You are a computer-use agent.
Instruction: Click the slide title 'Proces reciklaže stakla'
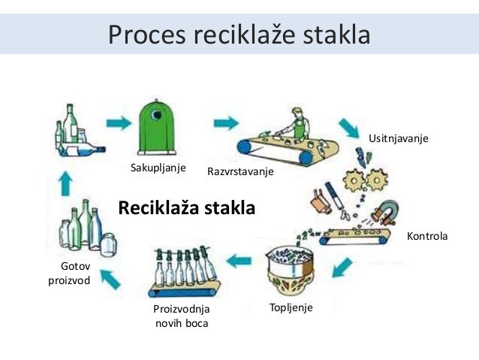pos(239,35)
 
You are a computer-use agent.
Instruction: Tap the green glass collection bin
pos(156,129)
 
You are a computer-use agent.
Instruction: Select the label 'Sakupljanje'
pos(158,167)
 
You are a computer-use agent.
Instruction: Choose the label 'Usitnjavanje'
pos(398,139)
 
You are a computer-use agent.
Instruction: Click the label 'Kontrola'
pos(426,236)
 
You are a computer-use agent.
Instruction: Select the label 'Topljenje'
pos(290,307)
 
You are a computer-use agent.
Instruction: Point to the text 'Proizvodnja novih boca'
pos(181,316)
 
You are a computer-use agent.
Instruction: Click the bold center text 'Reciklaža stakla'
pos(187,207)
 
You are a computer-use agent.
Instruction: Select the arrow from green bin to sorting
pos(224,122)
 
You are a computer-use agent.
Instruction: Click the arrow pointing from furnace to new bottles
pos(239,262)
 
